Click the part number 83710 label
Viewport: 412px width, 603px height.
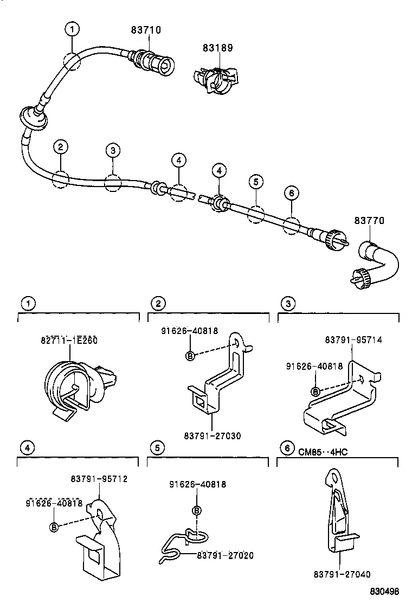pyautogui.click(x=146, y=30)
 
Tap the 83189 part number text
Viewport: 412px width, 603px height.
pyautogui.click(x=217, y=48)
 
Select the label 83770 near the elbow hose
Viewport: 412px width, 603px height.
pyautogui.click(x=369, y=221)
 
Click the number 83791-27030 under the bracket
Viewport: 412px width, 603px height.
pyautogui.click(x=212, y=435)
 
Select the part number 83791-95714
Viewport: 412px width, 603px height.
pyautogui.click(x=353, y=340)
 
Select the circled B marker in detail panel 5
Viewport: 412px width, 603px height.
pyautogui.click(x=197, y=510)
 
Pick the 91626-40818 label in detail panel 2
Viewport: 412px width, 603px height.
pyautogui.click(x=190, y=331)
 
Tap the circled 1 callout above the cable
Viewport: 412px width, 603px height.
pyautogui.click(x=72, y=28)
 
